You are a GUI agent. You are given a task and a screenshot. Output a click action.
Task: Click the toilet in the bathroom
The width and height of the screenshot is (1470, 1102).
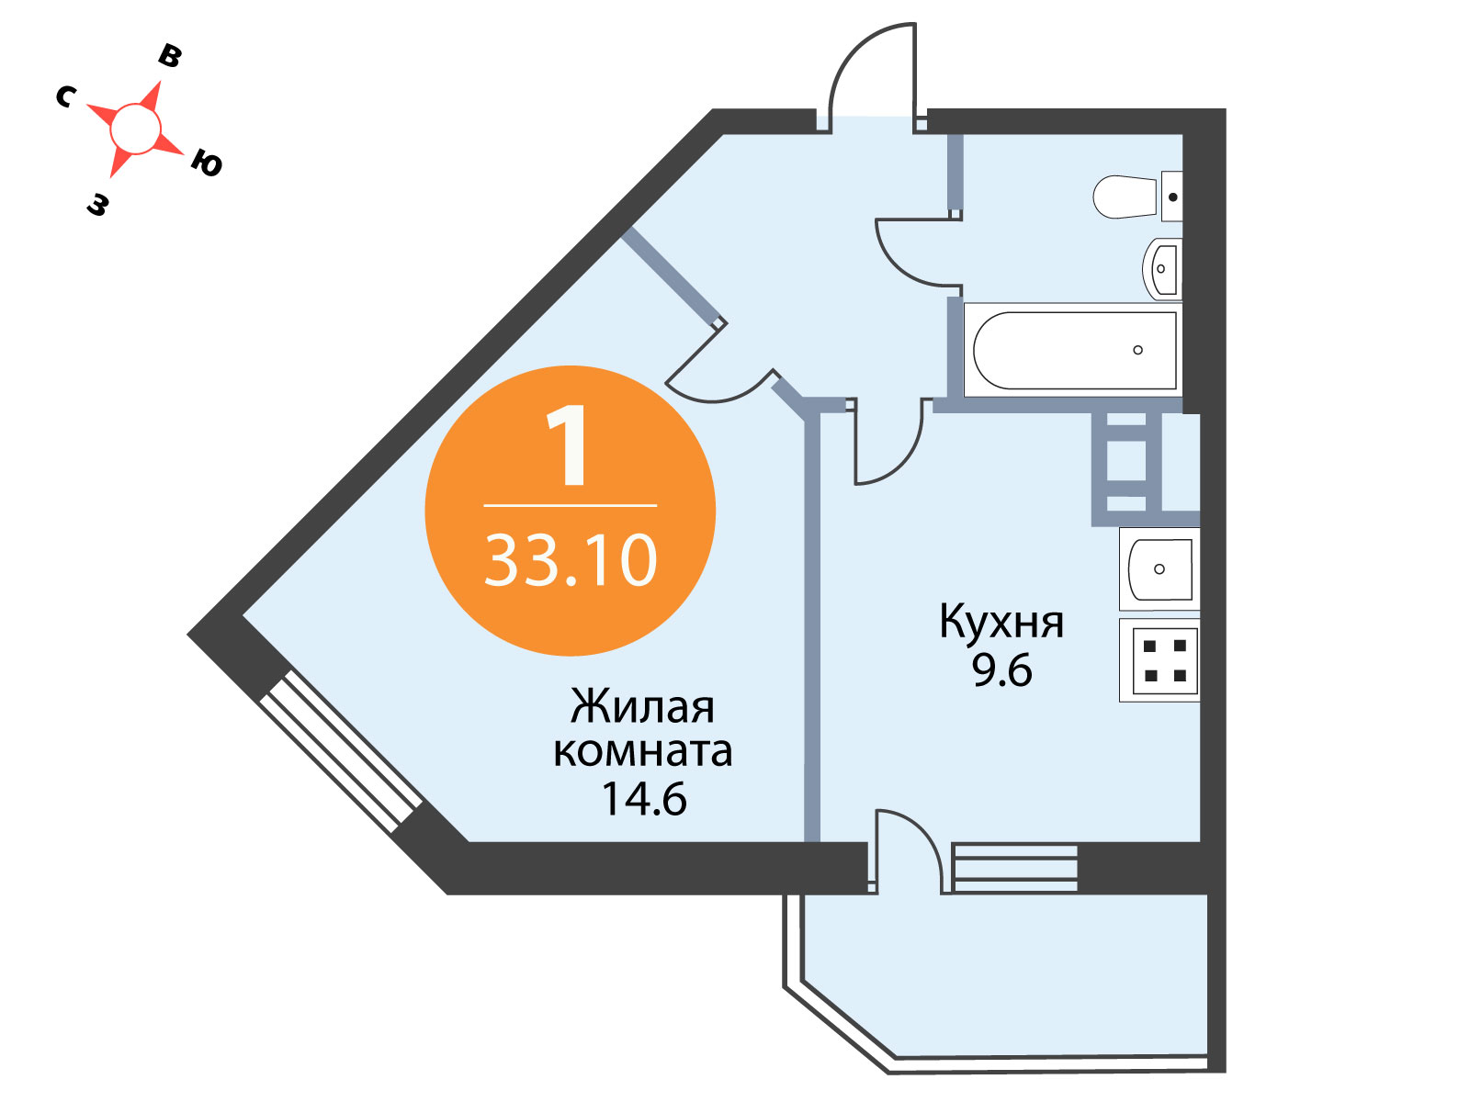point(1136,197)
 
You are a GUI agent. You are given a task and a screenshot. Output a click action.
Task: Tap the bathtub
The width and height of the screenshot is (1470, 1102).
point(1073,351)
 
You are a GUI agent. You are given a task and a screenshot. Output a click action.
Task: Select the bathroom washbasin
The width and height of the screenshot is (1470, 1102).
point(1162,269)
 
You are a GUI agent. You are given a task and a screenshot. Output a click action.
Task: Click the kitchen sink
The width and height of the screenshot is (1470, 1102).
point(1159,568)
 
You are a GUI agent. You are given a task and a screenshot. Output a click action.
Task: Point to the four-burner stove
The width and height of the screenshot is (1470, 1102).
point(1159,660)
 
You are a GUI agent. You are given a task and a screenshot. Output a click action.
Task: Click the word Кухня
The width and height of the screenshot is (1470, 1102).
point(1001,623)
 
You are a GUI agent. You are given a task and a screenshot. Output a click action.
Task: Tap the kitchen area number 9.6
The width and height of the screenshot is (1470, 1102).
point(1001,669)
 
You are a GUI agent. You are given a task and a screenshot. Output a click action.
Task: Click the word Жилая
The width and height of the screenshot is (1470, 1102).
point(642,706)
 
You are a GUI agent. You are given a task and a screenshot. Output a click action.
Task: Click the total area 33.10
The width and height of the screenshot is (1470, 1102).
point(571,561)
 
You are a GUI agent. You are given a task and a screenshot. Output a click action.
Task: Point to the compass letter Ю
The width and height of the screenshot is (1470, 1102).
point(207,163)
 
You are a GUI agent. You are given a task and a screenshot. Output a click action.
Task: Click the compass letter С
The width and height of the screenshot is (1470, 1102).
point(65,97)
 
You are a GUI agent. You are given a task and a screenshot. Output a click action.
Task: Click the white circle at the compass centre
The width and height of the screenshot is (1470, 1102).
point(136,129)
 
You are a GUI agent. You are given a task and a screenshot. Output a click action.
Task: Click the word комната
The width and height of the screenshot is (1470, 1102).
point(643,752)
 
